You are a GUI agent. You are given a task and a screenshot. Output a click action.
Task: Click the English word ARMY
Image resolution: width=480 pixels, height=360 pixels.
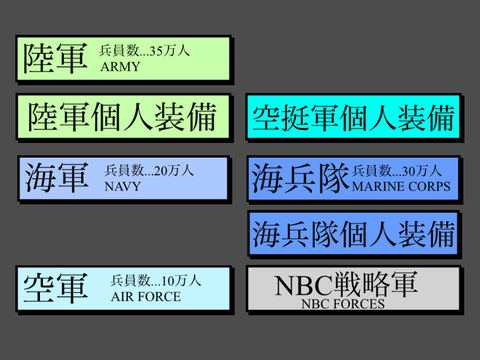coord(120,67)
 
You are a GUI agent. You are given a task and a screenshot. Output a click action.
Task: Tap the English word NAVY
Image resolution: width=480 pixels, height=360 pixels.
coord(123,186)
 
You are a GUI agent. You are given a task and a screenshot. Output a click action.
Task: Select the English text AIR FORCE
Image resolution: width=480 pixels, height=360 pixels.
coord(146,297)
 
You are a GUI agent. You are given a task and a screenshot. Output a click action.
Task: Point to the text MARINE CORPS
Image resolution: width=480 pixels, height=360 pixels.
coord(401,186)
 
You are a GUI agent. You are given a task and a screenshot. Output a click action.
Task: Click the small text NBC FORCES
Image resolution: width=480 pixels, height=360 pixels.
coord(343,304)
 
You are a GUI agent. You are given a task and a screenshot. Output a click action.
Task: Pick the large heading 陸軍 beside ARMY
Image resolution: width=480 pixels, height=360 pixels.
coord(55,58)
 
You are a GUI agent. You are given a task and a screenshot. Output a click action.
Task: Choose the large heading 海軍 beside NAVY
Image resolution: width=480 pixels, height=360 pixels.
coord(57,177)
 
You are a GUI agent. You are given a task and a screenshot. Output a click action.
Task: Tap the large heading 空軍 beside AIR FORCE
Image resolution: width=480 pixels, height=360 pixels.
coord(56,288)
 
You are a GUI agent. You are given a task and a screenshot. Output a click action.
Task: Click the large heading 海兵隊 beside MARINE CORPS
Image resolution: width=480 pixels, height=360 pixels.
coord(300,178)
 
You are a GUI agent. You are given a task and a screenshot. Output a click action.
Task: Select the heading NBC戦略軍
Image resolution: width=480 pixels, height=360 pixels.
coord(346,284)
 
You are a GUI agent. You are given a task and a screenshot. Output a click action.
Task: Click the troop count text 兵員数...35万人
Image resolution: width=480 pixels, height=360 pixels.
coord(144,51)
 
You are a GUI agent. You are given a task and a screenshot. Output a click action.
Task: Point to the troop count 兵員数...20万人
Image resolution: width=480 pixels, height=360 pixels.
coord(149,170)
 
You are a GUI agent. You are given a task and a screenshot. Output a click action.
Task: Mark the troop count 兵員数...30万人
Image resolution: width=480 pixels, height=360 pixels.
coord(397,171)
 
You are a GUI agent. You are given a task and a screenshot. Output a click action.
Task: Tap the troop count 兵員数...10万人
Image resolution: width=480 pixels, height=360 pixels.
coord(156,281)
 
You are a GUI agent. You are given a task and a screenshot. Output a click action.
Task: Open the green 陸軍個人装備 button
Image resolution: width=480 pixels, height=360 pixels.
coord(123,117)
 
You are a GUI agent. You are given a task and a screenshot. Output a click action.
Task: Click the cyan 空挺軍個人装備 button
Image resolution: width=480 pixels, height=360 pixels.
coord(353,117)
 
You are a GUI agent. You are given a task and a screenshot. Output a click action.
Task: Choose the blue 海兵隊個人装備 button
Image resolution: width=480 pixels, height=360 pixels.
coord(353,233)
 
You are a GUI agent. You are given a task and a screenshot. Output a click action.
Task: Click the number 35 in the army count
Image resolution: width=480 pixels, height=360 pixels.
coord(156,51)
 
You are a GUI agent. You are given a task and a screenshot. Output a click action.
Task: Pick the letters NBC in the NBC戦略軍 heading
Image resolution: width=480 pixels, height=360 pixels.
coord(304,286)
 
